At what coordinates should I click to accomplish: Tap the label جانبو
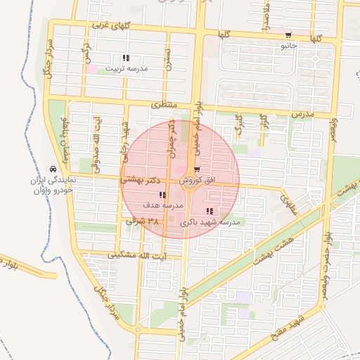[290, 46]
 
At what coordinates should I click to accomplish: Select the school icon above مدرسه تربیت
[126, 58]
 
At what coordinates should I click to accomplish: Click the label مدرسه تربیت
[127, 69]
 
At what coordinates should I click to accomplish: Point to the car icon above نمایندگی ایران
[53, 169]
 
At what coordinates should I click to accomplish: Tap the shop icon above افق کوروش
[197, 169]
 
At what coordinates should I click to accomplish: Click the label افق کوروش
[200, 181]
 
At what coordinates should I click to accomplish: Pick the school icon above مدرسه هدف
[162, 195]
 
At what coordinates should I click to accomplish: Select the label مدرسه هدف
[162, 205]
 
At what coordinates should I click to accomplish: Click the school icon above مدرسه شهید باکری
[210, 211]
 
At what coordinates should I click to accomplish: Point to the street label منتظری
[164, 105]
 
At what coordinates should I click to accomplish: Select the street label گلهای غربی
[108, 26]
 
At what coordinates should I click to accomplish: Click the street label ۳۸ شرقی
[142, 221]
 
